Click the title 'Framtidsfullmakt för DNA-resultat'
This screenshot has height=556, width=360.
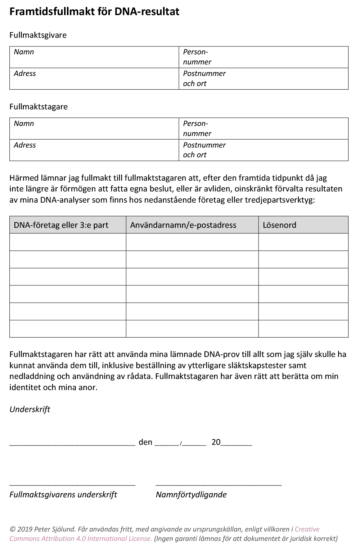[94, 12]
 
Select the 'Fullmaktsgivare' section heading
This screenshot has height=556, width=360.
[38, 35]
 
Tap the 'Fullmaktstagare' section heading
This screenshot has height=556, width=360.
[39, 107]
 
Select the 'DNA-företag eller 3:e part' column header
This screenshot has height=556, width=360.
[61, 225]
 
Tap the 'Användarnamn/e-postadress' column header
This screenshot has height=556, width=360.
[183, 225]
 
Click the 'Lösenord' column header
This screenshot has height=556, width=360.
[279, 225]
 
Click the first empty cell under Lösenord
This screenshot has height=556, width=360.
[303, 242]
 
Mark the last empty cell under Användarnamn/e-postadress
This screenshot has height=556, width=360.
[192, 329]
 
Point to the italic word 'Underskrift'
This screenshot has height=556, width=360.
[30, 409]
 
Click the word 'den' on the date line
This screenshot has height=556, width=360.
[145, 442]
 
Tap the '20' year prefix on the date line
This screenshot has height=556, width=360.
[216, 442]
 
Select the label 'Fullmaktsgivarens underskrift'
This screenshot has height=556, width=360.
[63, 494]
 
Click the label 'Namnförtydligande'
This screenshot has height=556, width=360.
[191, 494]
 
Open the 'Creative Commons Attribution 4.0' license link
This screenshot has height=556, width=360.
[81, 539]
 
